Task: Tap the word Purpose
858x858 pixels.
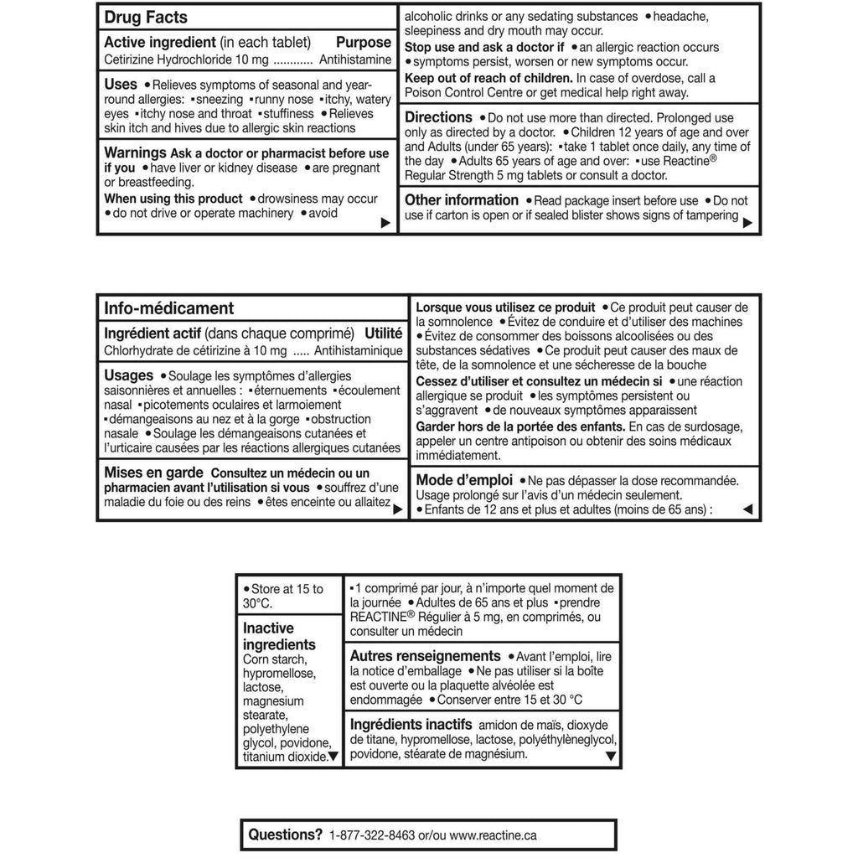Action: click(x=364, y=43)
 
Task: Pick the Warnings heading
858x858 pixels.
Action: click(x=135, y=152)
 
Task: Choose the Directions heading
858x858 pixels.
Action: click(x=438, y=117)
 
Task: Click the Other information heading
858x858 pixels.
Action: click(x=462, y=199)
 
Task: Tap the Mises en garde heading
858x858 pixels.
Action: click(x=153, y=473)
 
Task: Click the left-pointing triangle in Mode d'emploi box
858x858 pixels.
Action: click(x=748, y=509)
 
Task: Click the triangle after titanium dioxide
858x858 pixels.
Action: click(x=333, y=757)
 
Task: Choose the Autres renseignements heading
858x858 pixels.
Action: click(x=425, y=656)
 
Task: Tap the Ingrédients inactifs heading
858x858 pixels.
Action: click(x=411, y=724)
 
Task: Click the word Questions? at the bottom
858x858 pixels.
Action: click(x=286, y=835)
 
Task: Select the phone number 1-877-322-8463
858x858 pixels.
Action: click(x=374, y=835)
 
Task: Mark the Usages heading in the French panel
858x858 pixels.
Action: click(x=129, y=375)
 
